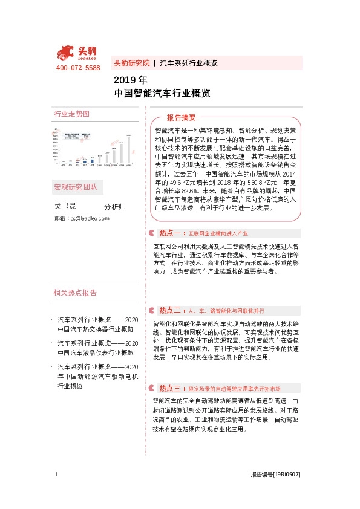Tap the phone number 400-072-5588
(78, 68)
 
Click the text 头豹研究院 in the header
(131, 63)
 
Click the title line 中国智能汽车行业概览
(162, 94)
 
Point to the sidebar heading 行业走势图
(71, 114)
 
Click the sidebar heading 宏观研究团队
(76, 187)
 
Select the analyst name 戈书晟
(67, 206)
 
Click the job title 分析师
(114, 206)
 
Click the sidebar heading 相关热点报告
(75, 293)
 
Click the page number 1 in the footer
(56, 475)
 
